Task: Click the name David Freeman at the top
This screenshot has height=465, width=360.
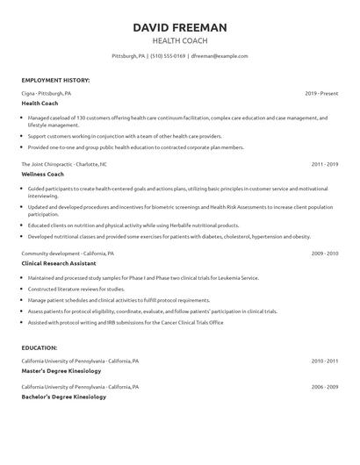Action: coord(180,27)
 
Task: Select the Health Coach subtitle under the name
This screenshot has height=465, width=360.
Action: coord(180,40)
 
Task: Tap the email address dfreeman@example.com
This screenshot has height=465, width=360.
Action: coord(219,55)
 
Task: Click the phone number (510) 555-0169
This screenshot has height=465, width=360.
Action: coord(167,55)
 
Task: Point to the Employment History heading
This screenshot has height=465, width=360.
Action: coord(55,80)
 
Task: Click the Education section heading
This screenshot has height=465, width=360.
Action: coord(40,347)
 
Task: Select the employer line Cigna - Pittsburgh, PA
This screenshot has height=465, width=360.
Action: coord(47,92)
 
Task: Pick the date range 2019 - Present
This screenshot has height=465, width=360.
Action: coord(322,92)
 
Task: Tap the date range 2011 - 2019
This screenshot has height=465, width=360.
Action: coord(325,164)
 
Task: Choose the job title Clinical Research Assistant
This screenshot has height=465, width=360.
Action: coord(59,263)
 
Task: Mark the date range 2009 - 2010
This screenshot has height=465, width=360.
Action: coord(325,253)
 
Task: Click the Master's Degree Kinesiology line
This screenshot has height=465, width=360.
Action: coord(61,370)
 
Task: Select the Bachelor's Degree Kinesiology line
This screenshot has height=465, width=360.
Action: coord(63,397)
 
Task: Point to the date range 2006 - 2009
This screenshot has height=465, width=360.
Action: coord(325,386)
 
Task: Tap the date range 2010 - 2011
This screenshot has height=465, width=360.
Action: coord(325,361)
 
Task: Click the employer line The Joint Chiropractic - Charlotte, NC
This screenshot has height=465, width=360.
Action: coord(64,164)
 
